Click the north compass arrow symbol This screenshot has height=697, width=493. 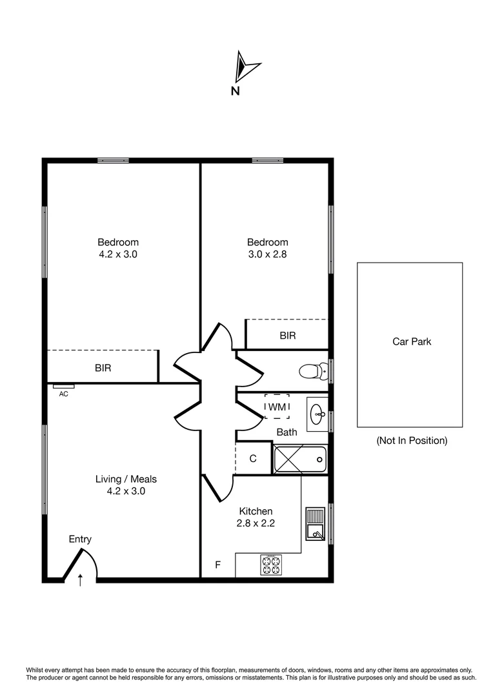coord(246,65)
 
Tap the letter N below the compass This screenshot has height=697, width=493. coord(236,91)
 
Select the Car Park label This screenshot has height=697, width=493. coord(411,341)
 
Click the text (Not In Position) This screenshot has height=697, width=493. coord(411,441)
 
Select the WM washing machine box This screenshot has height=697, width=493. coord(277,407)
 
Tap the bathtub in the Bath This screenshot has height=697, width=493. coord(300,460)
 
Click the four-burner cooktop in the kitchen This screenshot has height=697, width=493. coord(271,565)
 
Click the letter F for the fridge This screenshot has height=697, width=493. coord(218,565)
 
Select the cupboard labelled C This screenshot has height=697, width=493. coord(253,459)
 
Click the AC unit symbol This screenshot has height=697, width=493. coord(64,387)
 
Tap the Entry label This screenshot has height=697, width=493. coord(81,540)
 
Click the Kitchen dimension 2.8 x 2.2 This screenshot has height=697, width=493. coord(256,523)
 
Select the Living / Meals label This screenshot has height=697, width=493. coord(126,479)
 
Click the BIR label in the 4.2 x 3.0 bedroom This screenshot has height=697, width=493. coord(103,368)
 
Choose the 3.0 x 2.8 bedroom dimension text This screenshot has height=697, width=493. coord(268,254)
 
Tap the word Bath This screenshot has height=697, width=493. coord(287,432)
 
